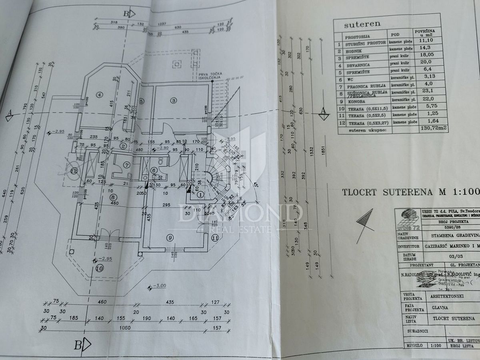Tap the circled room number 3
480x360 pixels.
[x=173, y=101]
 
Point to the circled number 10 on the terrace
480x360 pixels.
[x=98, y=268]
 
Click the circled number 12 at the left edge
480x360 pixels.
[x=73, y=172]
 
